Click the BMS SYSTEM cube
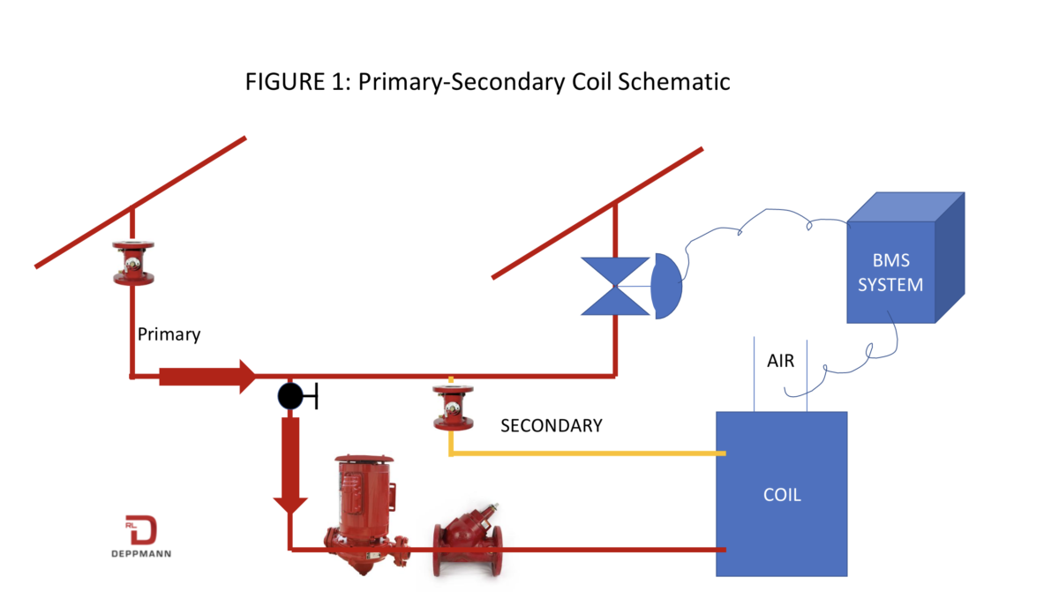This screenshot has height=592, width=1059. click(891, 272)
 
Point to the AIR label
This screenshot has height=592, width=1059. click(781, 362)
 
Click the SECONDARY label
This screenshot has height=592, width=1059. click(551, 425)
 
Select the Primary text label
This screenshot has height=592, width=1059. click(169, 335)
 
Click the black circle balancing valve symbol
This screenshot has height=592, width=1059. click(290, 396)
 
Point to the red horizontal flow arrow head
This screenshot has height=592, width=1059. click(247, 377)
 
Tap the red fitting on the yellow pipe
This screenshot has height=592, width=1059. click(453, 408)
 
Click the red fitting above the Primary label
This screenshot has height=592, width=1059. click(133, 263)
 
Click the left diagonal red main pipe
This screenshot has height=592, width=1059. click(141, 201)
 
